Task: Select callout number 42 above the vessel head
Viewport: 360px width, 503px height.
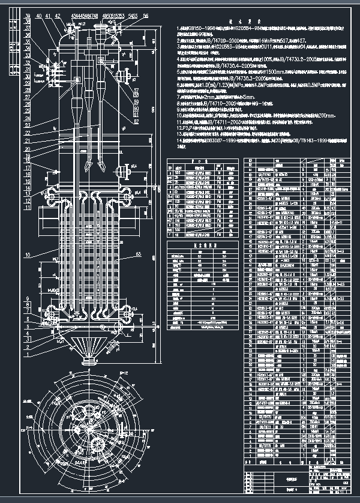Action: point(57,16)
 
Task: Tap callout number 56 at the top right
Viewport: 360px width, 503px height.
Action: point(145,16)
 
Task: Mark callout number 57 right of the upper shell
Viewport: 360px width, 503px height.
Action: point(136,91)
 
